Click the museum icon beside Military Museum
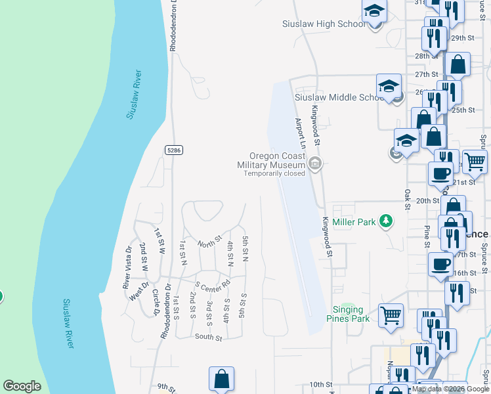coord(315,164)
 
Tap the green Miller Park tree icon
coord(387,221)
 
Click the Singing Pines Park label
coord(348,314)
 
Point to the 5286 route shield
coord(173,150)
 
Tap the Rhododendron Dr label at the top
coord(173,26)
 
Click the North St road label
coord(209,242)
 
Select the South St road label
coord(209,337)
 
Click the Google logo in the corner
coord(22,386)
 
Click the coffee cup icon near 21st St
coord(440,173)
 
